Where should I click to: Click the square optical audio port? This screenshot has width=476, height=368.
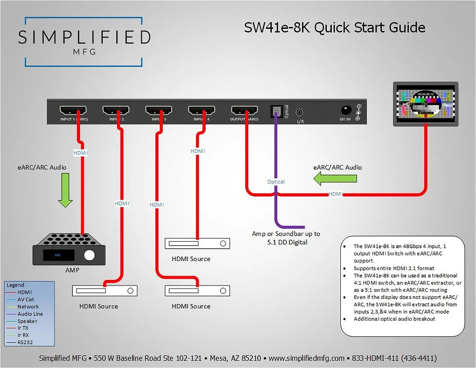(x=276, y=111)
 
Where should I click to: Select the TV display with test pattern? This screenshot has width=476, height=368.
(x=425, y=104)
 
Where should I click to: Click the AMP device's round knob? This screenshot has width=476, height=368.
(x=89, y=255)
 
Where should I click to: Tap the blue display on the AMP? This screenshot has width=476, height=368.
(x=58, y=255)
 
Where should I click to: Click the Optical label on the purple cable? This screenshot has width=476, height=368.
(x=276, y=182)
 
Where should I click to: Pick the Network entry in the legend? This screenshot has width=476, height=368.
(x=28, y=307)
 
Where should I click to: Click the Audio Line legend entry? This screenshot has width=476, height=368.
(x=30, y=314)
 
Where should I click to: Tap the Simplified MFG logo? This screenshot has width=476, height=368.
(x=84, y=42)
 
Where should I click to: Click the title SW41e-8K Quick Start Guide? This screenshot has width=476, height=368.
(x=334, y=27)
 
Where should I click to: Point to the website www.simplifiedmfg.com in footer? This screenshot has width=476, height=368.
(x=307, y=358)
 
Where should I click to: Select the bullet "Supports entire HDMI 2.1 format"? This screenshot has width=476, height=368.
(x=394, y=268)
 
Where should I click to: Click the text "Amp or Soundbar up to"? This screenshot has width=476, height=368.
(x=286, y=234)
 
